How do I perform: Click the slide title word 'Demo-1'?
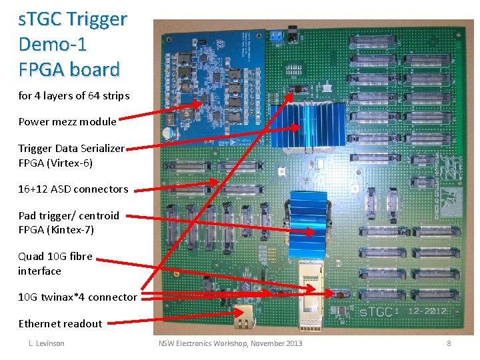[x=53, y=45]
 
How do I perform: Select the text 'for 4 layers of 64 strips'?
[x=73, y=95]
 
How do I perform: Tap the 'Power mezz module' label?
[x=67, y=121]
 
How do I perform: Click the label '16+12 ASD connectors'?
[x=73, y=189]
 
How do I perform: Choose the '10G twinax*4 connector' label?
[x=77, y=297]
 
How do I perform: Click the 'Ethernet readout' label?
[x=60, y=324]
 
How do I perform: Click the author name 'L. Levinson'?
[x=46, y=343]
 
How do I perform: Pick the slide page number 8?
[x=449, y=343]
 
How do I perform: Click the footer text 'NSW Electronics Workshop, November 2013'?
[x=230, y=343]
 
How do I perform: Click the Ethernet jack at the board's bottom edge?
[x=245, y=318]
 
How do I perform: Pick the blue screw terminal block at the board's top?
[x=275, y=37]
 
